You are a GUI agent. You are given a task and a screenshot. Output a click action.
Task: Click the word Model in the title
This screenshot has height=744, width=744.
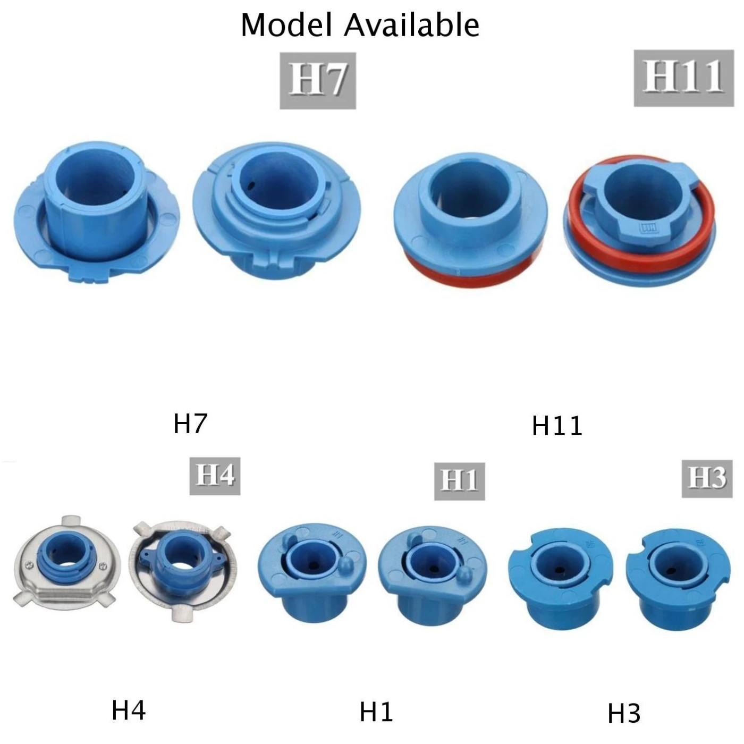pos(286,26)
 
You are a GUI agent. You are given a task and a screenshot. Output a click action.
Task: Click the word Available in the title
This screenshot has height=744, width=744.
pos(411,26)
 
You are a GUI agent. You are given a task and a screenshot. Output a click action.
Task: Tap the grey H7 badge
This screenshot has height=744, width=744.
pos(318,81)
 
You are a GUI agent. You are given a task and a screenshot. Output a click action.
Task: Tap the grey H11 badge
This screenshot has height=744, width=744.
pos(684,78)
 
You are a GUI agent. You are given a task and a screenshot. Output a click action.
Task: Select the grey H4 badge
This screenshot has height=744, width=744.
pos(215,476)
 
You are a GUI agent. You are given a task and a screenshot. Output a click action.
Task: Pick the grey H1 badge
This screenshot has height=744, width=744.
pos(460,481)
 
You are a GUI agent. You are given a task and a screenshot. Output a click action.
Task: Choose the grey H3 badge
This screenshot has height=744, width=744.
pos(707,479)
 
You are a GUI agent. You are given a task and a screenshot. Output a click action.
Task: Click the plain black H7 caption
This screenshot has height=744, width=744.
pos(190,424)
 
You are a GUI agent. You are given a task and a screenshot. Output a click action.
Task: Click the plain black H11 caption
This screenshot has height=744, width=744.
pos(557,426)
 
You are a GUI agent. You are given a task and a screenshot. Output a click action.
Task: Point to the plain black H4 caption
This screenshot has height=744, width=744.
pos(129,710)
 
